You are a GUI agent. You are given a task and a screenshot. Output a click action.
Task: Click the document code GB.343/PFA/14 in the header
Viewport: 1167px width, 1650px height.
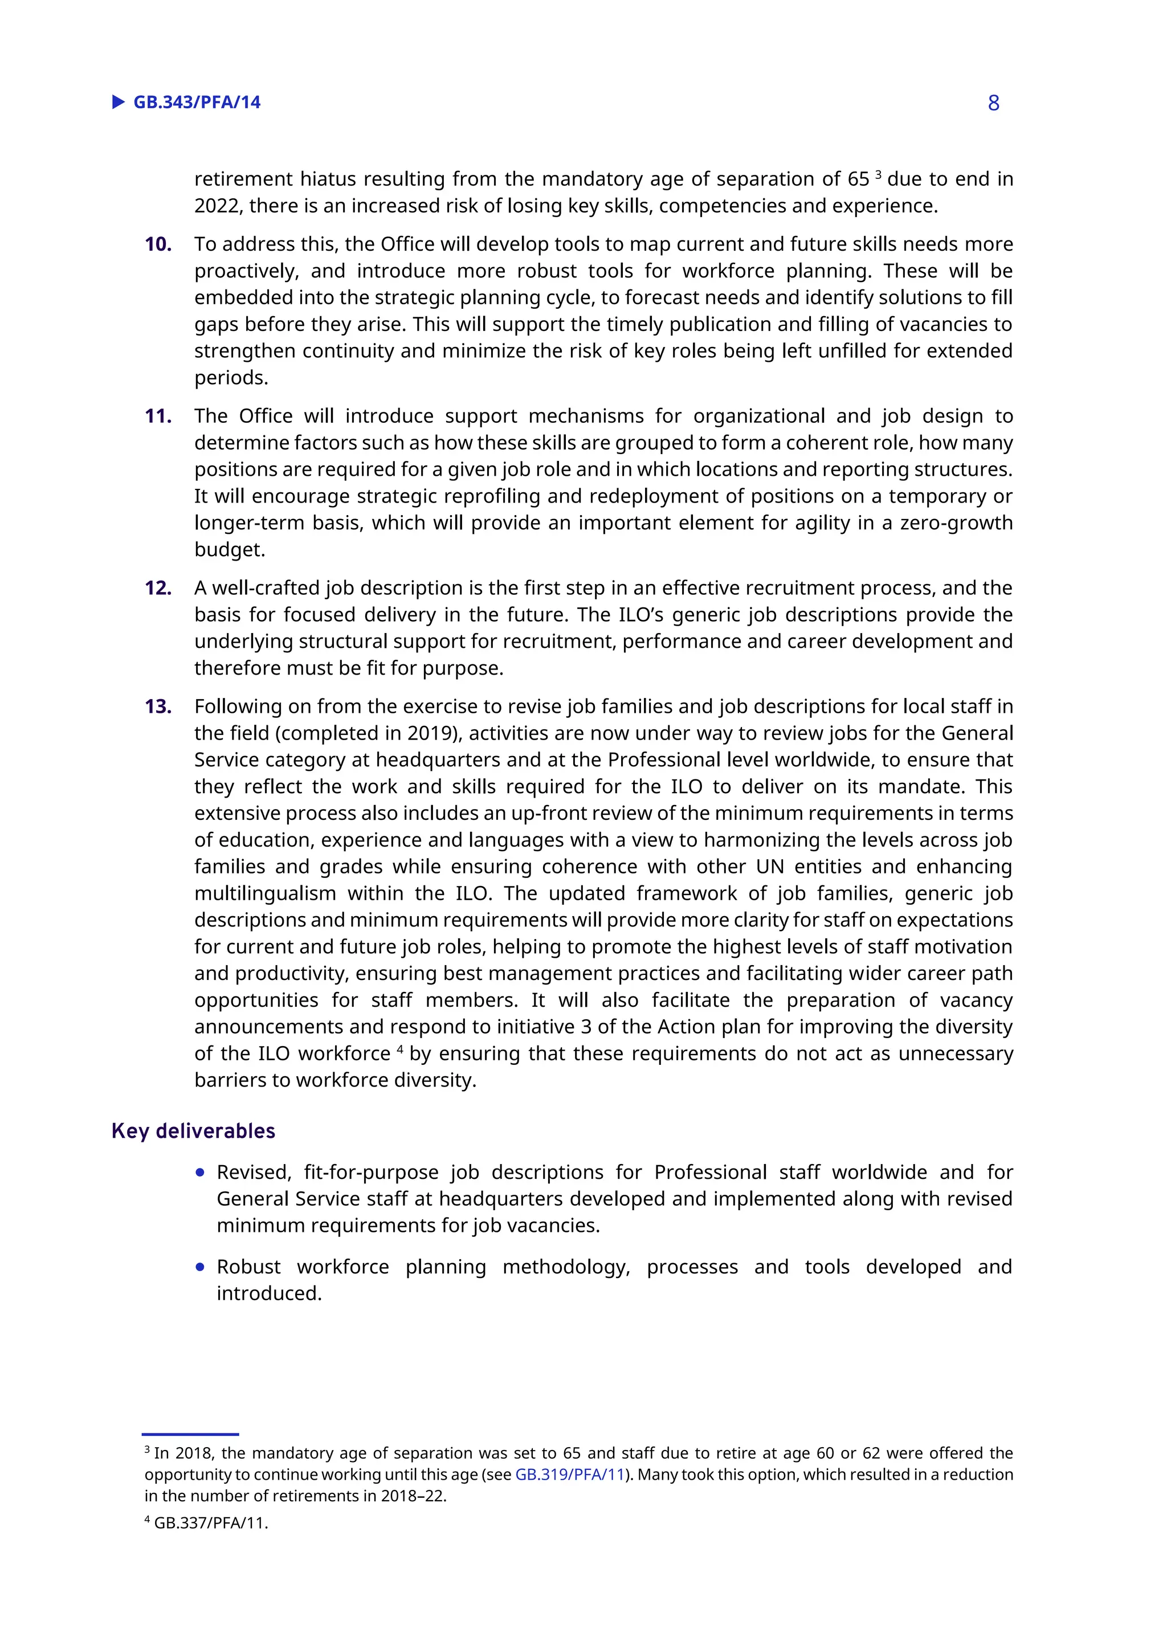197,103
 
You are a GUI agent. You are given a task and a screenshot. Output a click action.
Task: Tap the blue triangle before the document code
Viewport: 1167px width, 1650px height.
119,102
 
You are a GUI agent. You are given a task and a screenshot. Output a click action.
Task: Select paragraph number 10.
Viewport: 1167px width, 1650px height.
158,244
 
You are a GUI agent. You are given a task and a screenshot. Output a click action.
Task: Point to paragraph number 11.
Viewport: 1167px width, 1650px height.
158,416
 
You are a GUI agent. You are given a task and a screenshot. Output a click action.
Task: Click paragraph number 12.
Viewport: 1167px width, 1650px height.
158,588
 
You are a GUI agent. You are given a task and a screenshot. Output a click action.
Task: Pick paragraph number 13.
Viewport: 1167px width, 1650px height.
158,706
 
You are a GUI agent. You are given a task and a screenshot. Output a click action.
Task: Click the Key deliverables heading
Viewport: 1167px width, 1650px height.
193,1131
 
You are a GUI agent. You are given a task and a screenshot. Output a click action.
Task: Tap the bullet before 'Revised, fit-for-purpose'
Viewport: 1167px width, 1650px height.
201,1173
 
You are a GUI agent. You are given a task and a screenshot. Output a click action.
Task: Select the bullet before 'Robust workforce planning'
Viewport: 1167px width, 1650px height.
201,1267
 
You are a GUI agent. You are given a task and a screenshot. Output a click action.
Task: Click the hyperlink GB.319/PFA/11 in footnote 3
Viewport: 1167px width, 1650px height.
570,1475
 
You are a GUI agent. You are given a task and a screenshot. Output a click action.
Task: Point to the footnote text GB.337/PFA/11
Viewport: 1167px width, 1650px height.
210,1523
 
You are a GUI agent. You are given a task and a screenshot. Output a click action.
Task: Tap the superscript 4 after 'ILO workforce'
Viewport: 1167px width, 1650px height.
399,1048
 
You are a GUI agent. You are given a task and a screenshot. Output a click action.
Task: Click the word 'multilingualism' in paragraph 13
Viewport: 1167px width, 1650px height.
265,893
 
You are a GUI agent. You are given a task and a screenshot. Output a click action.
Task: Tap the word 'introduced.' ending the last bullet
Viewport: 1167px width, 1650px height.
270,1293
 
